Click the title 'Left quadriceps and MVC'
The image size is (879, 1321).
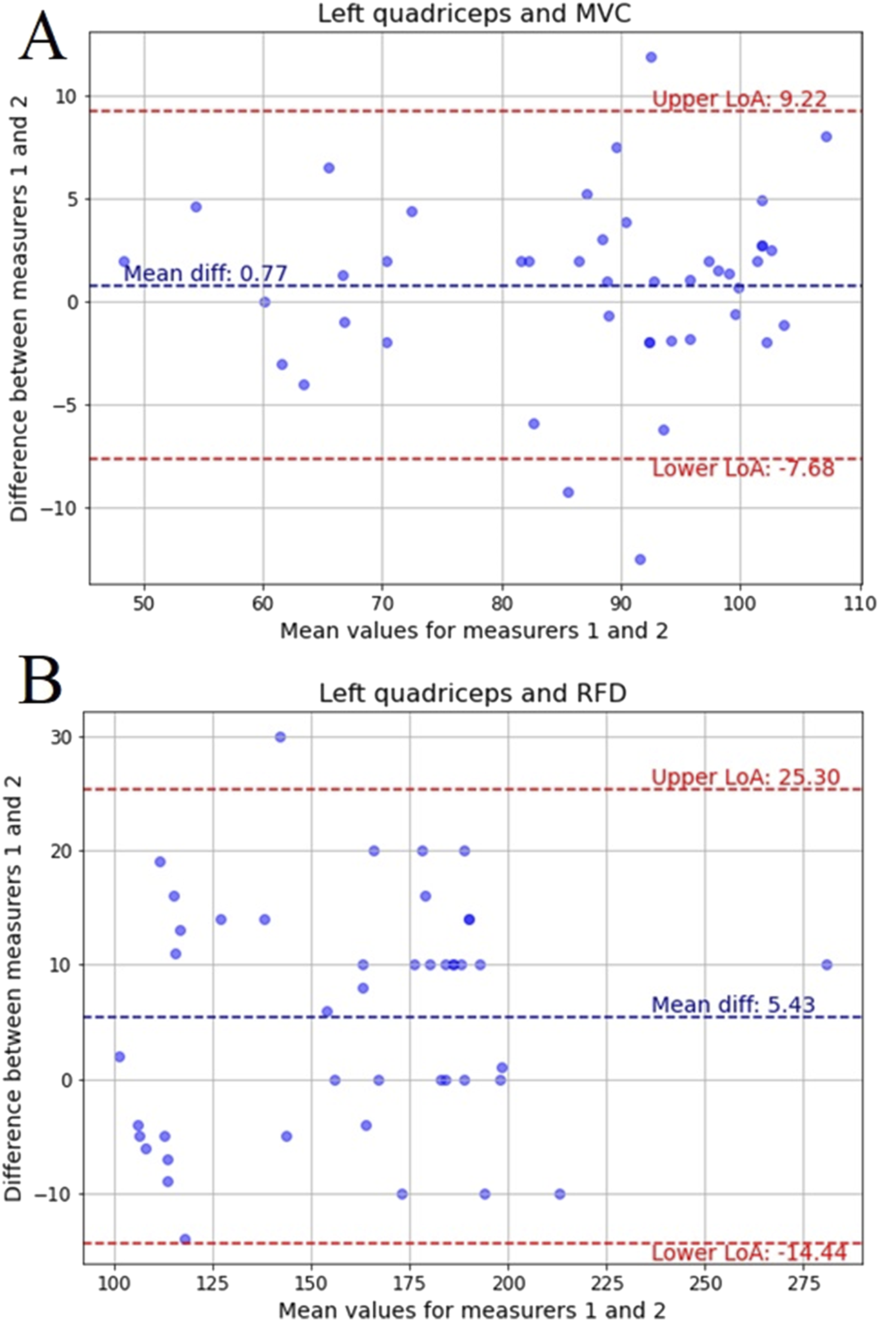[474, 13]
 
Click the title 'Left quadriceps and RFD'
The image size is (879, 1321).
[473, 693]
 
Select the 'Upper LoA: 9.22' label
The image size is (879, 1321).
[739, 99]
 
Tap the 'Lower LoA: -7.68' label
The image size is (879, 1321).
[743, 469]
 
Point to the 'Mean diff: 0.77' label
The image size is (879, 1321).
[205, 274]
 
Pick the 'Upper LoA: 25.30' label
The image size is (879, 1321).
[745, 778]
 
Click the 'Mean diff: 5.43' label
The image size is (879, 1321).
[733, 1005]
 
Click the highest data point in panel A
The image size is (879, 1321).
[651, 57]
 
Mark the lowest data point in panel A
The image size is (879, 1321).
[640, 559]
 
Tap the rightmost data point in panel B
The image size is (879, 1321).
[827, 965]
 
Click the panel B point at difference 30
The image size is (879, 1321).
[280, 737]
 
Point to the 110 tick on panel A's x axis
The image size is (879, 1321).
[860, 604]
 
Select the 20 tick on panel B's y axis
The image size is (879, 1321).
[61, 851]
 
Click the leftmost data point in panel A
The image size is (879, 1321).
[124, 262]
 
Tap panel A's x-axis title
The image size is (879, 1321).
[474, 631]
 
